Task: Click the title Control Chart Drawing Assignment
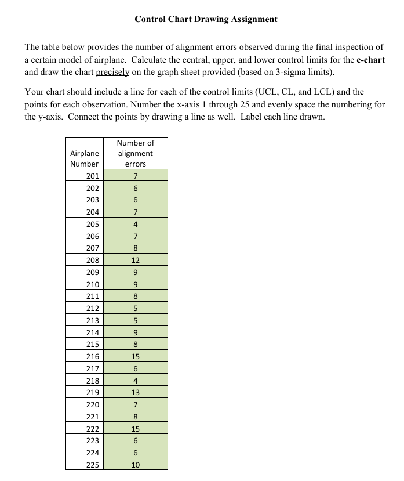206,19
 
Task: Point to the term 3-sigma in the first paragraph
297,73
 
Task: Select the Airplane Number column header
84,158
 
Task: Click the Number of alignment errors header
135,153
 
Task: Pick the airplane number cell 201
92,176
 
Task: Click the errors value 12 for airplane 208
135,261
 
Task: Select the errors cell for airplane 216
135,357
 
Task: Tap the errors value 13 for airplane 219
135,393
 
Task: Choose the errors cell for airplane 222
135,429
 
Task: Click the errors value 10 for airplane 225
135,465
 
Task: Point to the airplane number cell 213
92,321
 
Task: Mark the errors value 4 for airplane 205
135,224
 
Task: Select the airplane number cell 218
92,381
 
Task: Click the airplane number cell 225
92,465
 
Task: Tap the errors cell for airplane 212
135,309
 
